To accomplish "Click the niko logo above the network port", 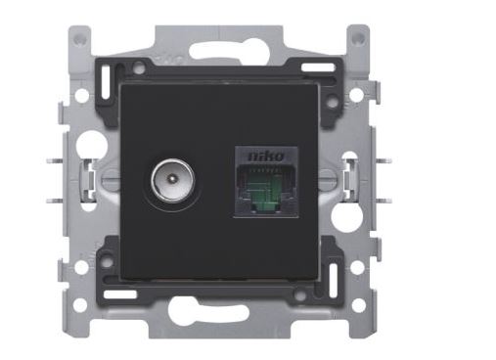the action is click(x=265, y=157).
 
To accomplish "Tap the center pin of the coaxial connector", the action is click(x=171, y=179).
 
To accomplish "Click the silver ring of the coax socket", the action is click(x=172, y=181).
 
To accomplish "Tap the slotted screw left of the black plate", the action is click(x=111, y=180).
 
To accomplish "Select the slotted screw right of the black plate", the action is click(x=328, y=180).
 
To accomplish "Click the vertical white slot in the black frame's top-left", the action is click(x=107, y=82).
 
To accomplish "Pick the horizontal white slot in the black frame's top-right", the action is click(x=318, y=67).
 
